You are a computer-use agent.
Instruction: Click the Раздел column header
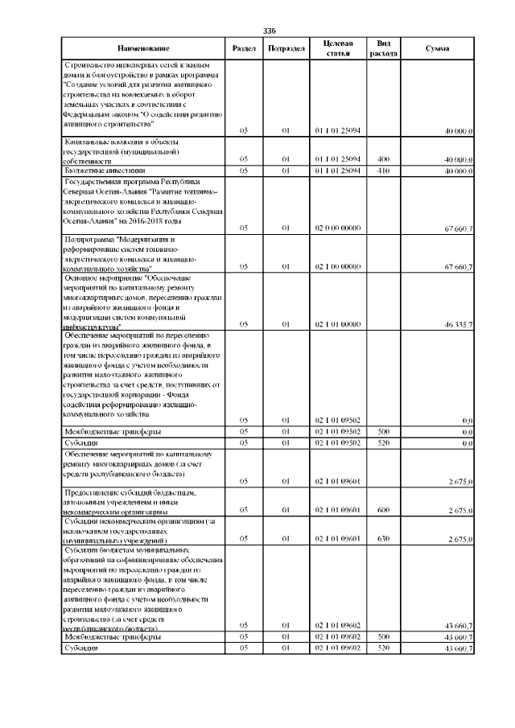(x=244, y=48)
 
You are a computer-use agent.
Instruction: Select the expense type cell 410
(x=383, y=171)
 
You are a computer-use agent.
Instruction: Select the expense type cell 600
(x=383, y=510)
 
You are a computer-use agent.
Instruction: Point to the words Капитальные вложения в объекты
(x=113, y=142)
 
